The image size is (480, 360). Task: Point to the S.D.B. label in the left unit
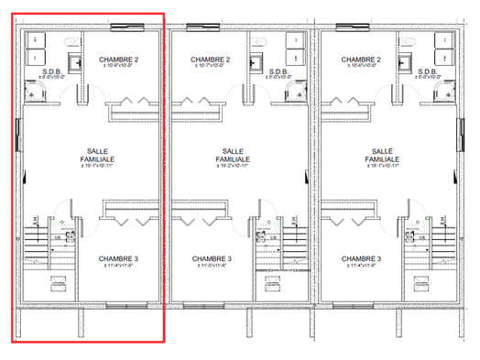(51, 72)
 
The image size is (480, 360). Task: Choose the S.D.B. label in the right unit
(428, 72)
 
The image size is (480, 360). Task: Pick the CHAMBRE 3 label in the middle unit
(213, 259)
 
